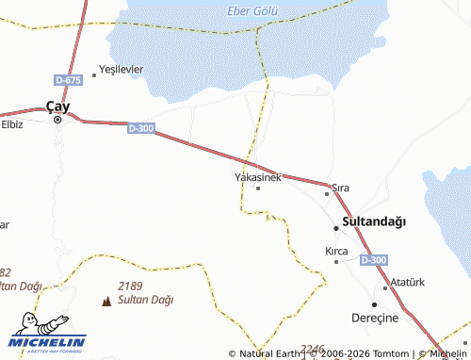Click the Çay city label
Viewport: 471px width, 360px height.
coord(58,106)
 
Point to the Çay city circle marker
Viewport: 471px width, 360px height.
coord(57,120)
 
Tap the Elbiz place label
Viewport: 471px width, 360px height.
coord(11,123)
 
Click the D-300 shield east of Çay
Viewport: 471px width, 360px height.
coord(141,128)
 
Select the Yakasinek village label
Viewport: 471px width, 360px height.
coord(257,176)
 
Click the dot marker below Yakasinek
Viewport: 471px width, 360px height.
coord(258,188)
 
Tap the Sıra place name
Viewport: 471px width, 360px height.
coord(340,188)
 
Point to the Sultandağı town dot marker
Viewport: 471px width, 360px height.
coord(336,227)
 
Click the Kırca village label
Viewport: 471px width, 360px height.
coord(336,251)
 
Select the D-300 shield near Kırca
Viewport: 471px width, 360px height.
coord(373,260)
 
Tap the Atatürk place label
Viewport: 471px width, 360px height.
coord(408,283)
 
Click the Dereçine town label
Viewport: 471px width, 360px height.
coord(375,318)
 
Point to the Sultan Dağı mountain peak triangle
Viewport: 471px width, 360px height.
coord(105,301)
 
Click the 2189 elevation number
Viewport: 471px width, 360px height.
coord(130,286)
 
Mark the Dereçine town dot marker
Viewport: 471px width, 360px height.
coord(374,304)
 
